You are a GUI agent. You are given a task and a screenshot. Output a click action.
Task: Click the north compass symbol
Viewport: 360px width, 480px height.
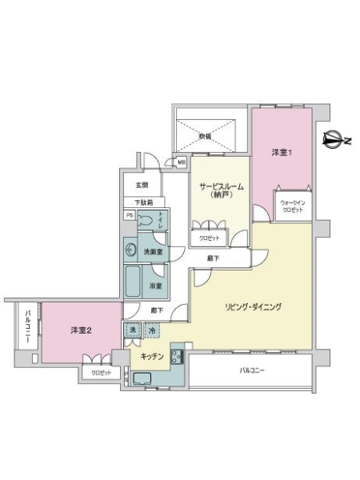coord(336,142)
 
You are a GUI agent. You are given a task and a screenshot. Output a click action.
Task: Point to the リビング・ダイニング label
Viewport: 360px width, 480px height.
coord(252,307)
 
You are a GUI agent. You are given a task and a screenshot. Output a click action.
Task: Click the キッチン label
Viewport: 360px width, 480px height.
coord(151,355)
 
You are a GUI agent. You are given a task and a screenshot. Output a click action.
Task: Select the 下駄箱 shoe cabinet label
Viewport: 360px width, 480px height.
coord(143,202)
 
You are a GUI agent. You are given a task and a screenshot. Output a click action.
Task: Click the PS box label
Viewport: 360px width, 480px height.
coord(129,215)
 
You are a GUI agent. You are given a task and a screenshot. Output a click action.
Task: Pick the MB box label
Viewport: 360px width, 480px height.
coord(182,162)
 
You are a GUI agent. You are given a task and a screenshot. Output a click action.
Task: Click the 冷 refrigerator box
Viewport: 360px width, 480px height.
coord(152,329)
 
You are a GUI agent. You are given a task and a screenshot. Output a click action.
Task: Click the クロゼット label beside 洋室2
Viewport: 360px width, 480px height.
coord(100,373)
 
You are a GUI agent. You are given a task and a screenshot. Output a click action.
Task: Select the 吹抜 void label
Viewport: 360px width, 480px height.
coord(206,136)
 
